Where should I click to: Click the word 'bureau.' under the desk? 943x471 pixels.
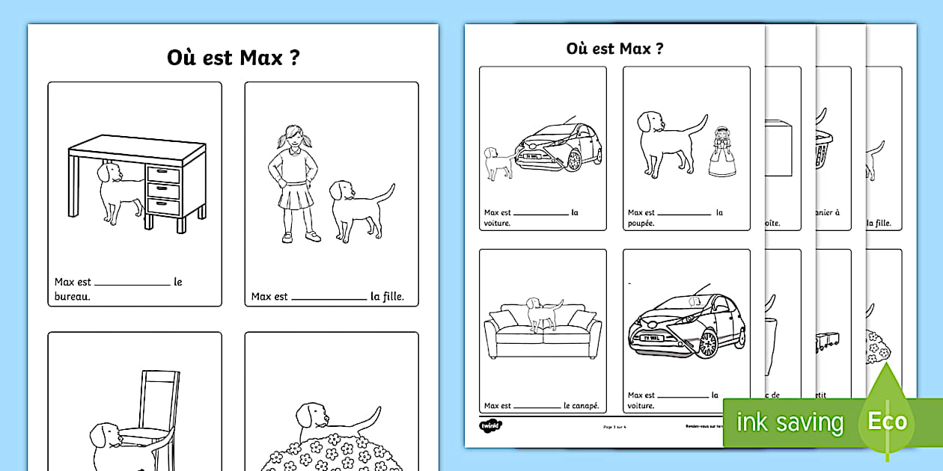pos(72,297)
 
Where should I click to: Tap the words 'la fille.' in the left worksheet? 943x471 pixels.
pos(387,297)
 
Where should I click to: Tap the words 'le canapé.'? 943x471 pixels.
pos(581,406)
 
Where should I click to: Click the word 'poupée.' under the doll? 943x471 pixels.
pos(641,223)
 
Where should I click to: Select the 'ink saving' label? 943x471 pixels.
pos(790,422)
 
